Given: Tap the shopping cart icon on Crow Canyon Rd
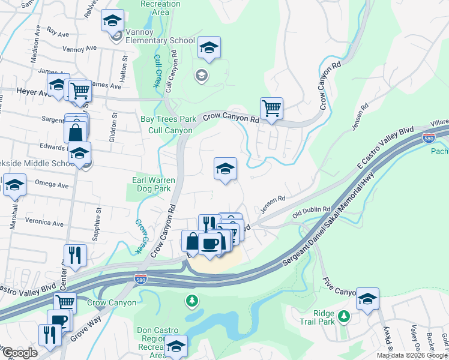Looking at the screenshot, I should tap(271, 109).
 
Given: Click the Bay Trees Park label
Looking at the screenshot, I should tap(169, 119).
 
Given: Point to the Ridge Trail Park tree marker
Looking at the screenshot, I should tap(343, 316).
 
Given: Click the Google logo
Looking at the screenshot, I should tap(19, 353).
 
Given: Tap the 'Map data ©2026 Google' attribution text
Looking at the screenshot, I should tap(412, 355).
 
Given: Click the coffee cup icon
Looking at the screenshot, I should tap(209, 244).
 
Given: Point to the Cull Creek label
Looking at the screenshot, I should tap(157, 71).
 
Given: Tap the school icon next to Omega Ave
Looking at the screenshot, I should tap(14, 185).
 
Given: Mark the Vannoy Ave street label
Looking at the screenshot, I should tap(79, 49).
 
